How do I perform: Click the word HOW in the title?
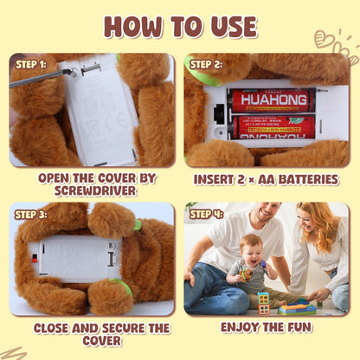pos(133,26)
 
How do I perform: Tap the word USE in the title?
pos(234,27)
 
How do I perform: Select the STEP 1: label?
pos(30,65)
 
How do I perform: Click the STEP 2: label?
pos(206,65)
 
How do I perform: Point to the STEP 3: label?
pos(30,215)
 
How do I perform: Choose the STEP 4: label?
pos(206,215)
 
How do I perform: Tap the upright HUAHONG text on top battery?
pos(273,100)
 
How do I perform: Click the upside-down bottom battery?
pos(272,127)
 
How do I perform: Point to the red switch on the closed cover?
pos(35,259)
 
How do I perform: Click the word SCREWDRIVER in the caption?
pos(95,191)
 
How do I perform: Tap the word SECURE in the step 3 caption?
pos(124,328)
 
